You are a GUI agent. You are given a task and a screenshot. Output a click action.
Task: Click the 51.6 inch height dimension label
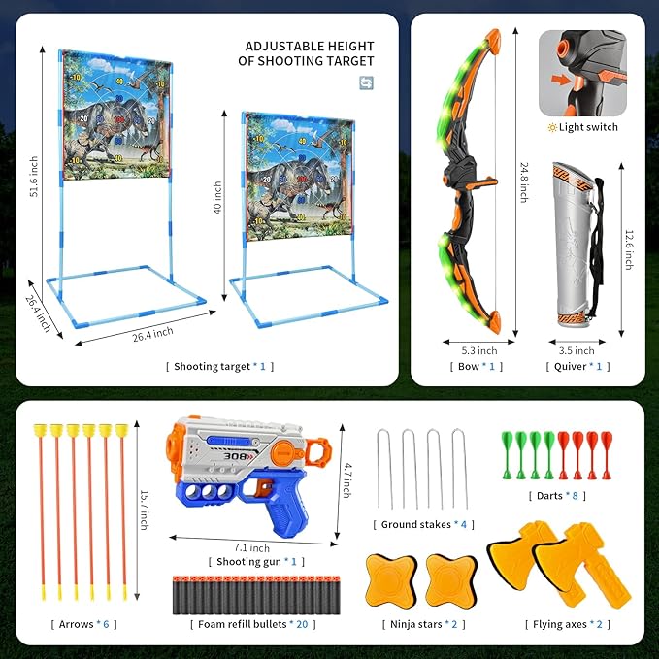pyautogui.click(x=34, y=178)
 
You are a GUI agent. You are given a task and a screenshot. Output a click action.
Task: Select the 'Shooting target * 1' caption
pyautogui.click(x=219, y=366)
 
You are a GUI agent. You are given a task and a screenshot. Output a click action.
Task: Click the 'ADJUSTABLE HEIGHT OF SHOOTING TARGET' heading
pyautogui.click(x=309, y=53)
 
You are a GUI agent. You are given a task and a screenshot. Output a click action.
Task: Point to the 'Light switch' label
pyautogui.click(x=582, y=127)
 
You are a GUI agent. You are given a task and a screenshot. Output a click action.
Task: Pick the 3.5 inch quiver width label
pyautogui.click(x=577, y=350)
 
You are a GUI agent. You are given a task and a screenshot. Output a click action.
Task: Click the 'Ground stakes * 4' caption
pyautogui.click(x=424, y=525)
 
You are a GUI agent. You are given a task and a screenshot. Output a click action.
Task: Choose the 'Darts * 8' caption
pyautogui.click(x=547, y=495)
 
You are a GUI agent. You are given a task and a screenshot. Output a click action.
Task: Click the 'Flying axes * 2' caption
pyautogui.click(x=573, y=624)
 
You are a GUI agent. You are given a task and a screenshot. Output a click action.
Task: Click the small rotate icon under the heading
pyautogui.click(x=366, y=82)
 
